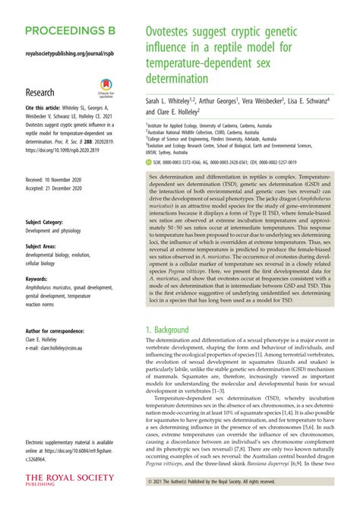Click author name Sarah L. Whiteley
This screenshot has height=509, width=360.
(x=173, y=100)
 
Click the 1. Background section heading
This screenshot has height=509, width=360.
(x=172, y=330)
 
